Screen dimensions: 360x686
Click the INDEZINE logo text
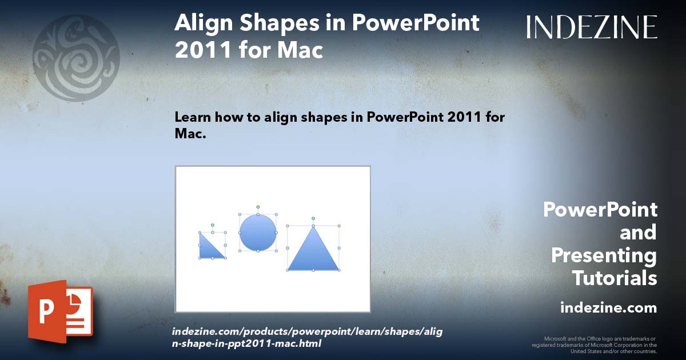click(592, 27)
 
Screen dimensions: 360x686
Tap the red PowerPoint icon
click(60, 311)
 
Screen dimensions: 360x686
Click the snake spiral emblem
click(76, 58)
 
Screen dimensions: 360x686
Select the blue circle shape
click(258, 233)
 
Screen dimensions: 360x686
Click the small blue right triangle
click(209, 248)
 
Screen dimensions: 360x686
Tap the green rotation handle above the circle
click(258, 206)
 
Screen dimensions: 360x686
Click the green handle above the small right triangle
click(212, 225)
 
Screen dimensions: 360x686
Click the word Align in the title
click(203, 24)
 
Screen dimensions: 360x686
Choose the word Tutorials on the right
click(615, 278)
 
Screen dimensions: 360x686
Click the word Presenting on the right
click(604, 255)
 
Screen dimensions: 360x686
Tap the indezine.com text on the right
click(608, 308)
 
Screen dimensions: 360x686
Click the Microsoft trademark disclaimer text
click(594, 345)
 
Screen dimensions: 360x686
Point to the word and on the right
click(638, 233)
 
